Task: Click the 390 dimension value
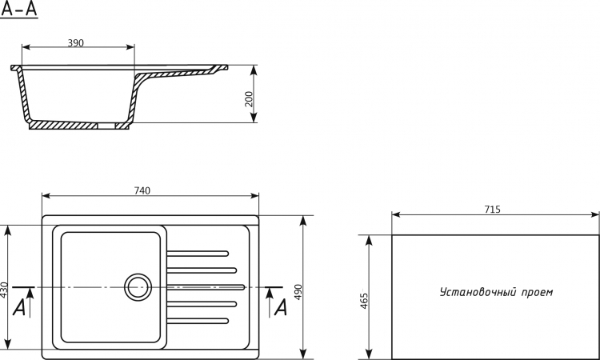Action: pyautogui.click(x=75, y=42)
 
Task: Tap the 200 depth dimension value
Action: pyautogui.click(x=249, y=99)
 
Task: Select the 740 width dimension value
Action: pyautogui.click(x=142, y=190)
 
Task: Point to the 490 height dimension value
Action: pyautogui.click(x=298, y=292)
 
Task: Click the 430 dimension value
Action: pyautogui.click(x=4, y=290)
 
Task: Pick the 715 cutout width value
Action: pyautogui.click(x=492, y=210)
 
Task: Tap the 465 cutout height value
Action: pyautogui.click(x=364, y=301)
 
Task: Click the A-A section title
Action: pyautogui.click(x=19, y=9)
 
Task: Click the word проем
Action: pyautogui.click(x=538, y=293)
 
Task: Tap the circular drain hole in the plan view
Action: pyautogui.click(x=138, y=287)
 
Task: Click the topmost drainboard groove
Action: pyautogui.click(x=198, y=254)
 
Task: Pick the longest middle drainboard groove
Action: pyautogui.click(x=206, y=287)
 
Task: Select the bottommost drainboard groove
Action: pyautogui.click(x=198, y=321)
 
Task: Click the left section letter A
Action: pyautogui.click(x=18, y=307)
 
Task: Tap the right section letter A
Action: pyautogui.click(x=281, y=307)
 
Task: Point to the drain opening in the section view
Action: pyautogui.click(x=106, y=126)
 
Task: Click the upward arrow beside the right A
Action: pyautogui.click(x=270, y=302)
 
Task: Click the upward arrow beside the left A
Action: pyautogui.click(x=30, y=302)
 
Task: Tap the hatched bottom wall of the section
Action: pyautogui.click(x=63, y=125)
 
